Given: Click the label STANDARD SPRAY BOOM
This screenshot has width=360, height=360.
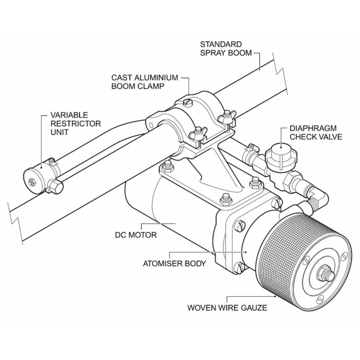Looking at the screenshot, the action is coord(226,49).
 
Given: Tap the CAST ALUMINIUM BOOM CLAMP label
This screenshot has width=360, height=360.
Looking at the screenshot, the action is coord(145,82).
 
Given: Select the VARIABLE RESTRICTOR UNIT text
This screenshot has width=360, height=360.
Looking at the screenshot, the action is coord(76,123).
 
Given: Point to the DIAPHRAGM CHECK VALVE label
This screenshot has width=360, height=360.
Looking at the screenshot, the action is coord(316,132).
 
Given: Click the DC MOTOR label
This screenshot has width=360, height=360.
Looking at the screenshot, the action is coord(136,235).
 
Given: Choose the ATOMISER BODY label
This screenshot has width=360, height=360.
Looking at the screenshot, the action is coord(175,264).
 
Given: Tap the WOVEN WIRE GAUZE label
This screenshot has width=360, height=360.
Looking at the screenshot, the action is coord(227,307).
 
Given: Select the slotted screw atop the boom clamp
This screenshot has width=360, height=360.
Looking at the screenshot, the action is coord(188,102).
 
